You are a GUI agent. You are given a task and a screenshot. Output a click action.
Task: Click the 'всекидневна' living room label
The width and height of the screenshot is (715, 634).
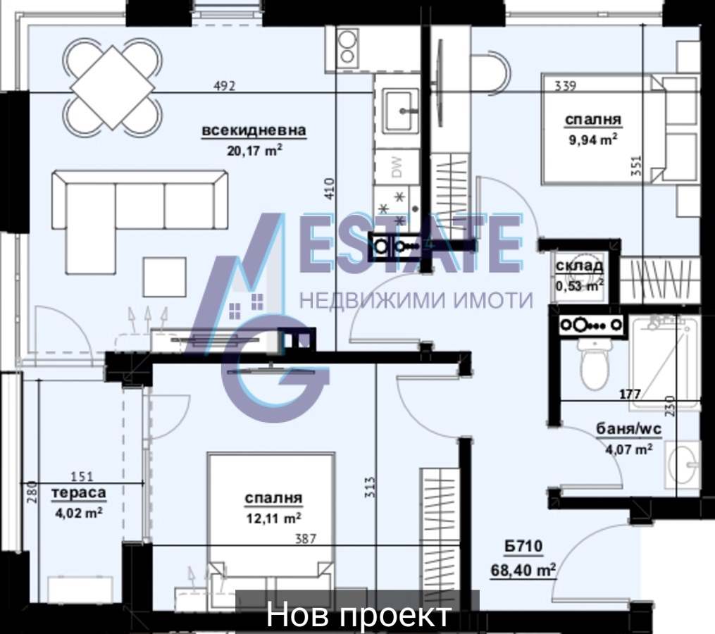tap(254, 130)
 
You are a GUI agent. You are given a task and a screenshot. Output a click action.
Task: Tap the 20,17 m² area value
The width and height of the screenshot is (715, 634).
tap(254, 150)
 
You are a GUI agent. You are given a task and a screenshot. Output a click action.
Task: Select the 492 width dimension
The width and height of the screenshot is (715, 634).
tap(224, 85)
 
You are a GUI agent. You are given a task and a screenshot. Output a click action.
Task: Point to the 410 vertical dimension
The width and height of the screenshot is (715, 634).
tap(330, 188)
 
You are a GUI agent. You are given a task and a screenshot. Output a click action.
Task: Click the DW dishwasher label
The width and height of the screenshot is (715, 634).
tap(397, 167)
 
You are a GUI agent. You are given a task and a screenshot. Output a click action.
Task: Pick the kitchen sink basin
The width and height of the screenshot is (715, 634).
tap(400, 110)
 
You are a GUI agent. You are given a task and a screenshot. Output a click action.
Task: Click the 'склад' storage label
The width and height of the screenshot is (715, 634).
tap(580, 265)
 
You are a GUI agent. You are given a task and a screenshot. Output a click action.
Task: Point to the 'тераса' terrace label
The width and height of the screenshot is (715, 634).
tap(79, 493)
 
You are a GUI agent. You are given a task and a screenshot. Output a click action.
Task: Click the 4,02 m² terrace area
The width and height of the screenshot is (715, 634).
tap(78, 513)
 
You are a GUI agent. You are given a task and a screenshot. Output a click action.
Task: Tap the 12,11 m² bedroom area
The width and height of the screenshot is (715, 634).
tap(273, 518)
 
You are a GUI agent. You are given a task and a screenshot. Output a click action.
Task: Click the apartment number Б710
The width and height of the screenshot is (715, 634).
tap(523, 546)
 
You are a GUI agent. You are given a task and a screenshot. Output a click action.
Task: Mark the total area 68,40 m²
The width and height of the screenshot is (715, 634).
tap(523, 570)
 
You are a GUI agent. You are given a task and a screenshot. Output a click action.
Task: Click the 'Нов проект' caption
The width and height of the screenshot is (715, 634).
tap(359, 614)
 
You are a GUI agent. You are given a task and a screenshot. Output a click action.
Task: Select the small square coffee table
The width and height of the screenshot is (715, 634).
tap(165, 277)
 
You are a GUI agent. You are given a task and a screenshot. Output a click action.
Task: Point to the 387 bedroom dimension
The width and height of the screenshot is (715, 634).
tap(306, 539)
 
